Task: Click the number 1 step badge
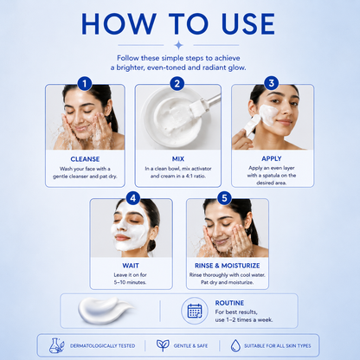(x=85, y=84)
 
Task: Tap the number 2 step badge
(x=177, y=84)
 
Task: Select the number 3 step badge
(x=272, y=83)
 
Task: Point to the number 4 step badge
(x=133, y=198)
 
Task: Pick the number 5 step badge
(x=224, y=198)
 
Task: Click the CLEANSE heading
(x=85, y=159)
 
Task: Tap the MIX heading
(x=178, y=158)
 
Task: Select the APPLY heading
(x=272, y=158)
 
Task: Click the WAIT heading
(x=131, y=266)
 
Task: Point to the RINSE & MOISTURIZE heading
(x=228, y=266)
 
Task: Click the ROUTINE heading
(x=229, y=303)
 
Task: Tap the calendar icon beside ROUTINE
(x=195, y=311)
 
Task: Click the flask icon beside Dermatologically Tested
(x=56, y=345)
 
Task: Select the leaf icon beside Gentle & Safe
(x=163, y=345)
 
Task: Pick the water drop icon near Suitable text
(x=235, y=345)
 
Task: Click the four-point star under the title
(x=178, y=45)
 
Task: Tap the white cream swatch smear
(x=104, y=311)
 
